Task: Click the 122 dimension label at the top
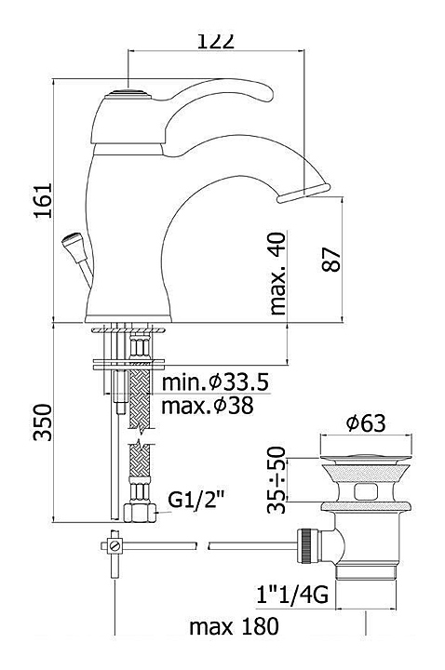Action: coord(216,41)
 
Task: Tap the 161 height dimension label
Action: coord(43,201)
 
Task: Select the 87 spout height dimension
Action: coord(331,260)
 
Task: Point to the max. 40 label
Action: coord(277,274)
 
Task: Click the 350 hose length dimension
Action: coord(43,422)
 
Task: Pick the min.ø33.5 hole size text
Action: coord(215,382)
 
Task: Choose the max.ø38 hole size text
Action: coord(208,406)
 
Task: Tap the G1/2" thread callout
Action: coord(196,500)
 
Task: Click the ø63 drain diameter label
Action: coord(366,423)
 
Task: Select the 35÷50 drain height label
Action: coord(276,479)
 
